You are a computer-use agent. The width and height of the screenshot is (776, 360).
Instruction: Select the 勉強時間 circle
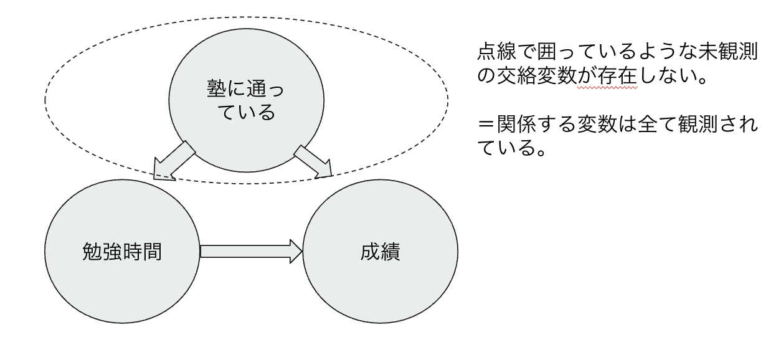122,253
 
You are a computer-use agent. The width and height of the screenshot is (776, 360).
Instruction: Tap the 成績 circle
380,253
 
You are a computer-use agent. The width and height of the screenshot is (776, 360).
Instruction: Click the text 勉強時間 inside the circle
122,253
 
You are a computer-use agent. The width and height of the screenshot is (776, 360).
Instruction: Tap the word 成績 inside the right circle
380,253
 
